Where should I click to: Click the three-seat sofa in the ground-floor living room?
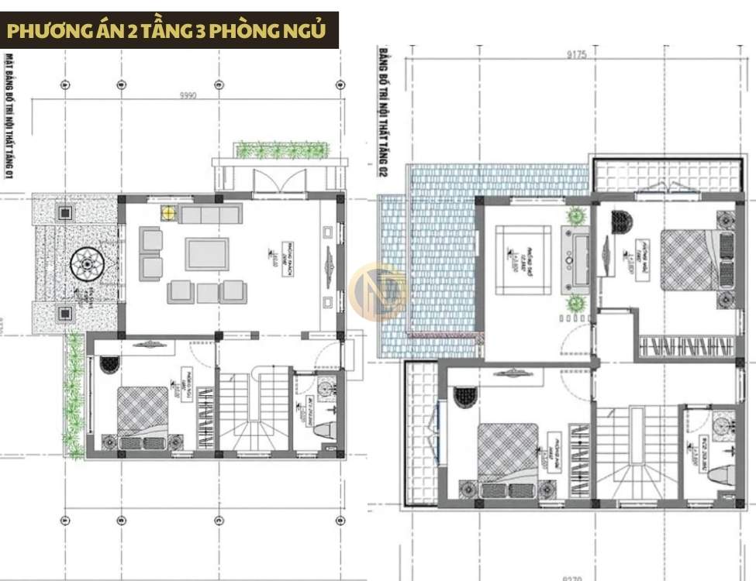click(x=210, y=214)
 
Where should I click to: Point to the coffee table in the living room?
click(x=207, y=253)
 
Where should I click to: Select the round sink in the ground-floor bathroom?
click(x=326, y=385)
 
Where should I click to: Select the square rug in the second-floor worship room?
click(x=523, y=260)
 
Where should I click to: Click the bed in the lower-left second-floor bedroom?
click(x=508, y=453)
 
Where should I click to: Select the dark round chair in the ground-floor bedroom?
click(x=109, y=363)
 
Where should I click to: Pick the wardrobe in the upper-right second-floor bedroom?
click(x=686, y=346)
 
